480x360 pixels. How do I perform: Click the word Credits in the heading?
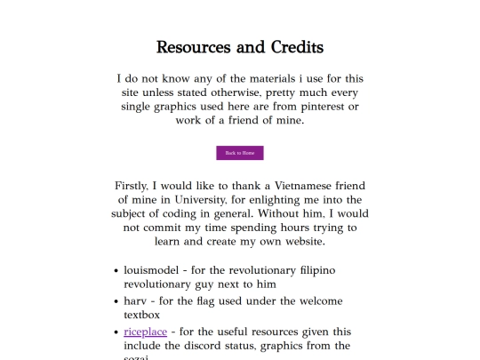pos(291,46)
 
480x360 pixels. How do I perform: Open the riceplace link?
pos(145,332)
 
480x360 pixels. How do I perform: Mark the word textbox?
pos(142,315)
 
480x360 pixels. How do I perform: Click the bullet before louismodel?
pos(116,270)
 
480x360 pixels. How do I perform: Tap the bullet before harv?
pos(116,301)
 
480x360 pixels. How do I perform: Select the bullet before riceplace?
pos(116,332)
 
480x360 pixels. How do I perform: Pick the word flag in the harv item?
pos(213,300)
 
